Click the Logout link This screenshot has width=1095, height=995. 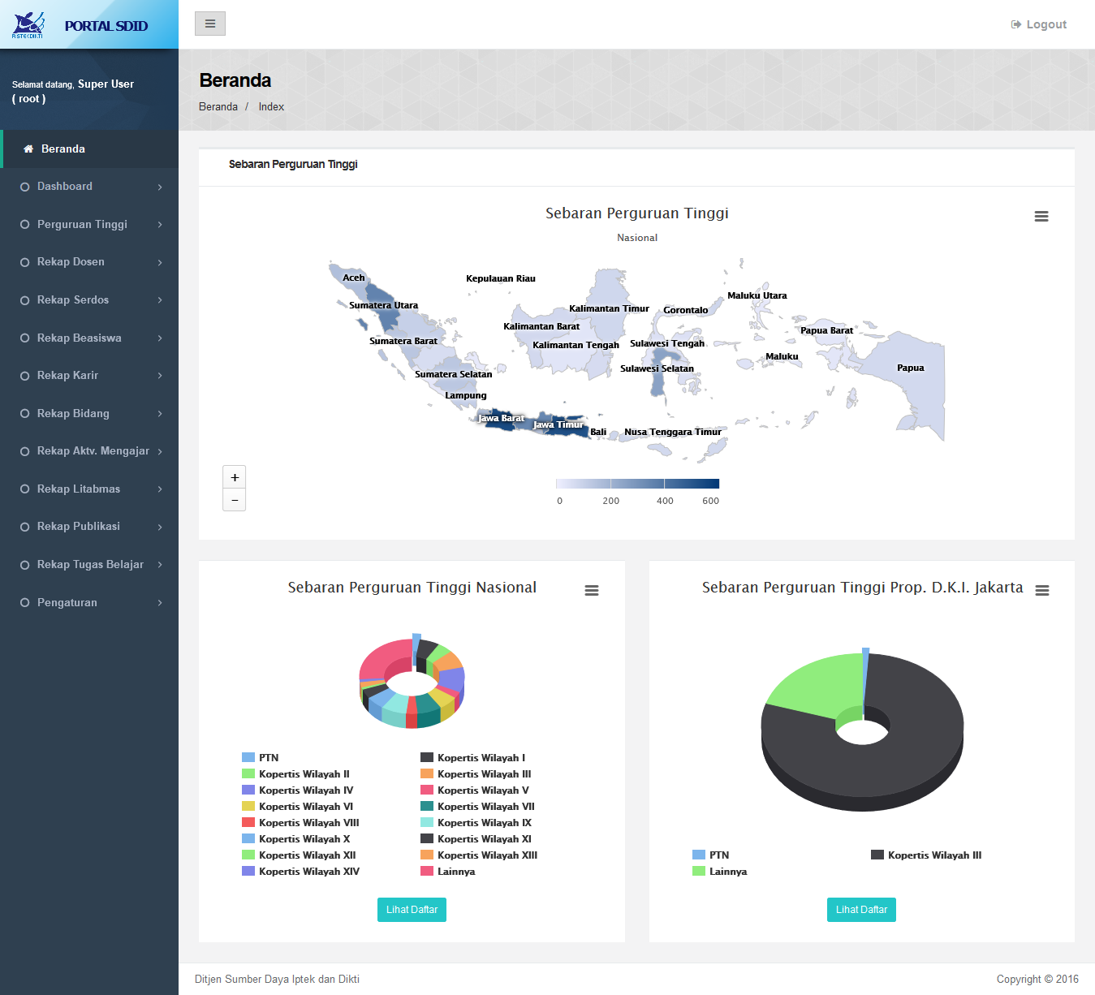tap(1039, 24)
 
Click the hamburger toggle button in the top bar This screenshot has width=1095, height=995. tap(210, 24)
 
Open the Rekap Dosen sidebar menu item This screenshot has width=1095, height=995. tap(71, 262)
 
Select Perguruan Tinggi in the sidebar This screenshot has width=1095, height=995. tap(82, 225)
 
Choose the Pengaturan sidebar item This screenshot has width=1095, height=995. tap(67, 603)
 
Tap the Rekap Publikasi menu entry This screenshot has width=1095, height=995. tap(79, 527)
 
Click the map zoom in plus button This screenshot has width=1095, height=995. tap(235, 477)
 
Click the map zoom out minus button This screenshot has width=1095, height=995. tap(235, 500)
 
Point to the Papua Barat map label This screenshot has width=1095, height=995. tap(826, 330)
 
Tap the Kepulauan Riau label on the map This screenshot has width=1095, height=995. tap(501, 278)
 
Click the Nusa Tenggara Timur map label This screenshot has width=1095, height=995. tap(672, 432)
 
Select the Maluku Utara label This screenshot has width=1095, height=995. tap(757, 295)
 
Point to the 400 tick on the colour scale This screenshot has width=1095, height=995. tap(665, 501)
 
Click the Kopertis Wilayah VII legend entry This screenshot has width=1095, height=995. tap(485, 807)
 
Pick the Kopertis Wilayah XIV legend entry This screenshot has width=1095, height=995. tap(308, 872)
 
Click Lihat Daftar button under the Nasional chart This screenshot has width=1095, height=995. tap(412, 910)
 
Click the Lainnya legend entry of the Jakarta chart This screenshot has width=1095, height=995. tap(727, 872)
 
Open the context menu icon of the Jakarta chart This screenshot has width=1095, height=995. tap(1042, 591)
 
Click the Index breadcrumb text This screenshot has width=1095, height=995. tap(271, 107)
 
